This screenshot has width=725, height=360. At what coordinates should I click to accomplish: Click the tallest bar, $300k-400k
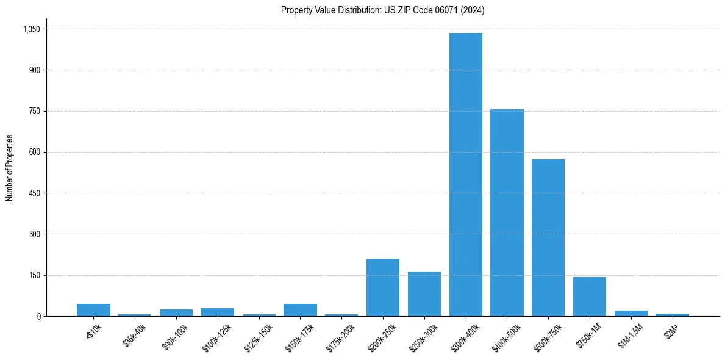[466, 175]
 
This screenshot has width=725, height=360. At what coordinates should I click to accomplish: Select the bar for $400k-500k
[507, 212]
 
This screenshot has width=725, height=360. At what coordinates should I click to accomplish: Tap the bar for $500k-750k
[548, 237]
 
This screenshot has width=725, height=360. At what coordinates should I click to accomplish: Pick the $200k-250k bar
[383, 287]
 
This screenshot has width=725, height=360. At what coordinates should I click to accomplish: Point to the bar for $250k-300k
[424, 293]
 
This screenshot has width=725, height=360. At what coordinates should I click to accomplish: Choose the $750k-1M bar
[590, 297]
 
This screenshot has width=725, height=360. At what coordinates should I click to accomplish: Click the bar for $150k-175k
[300, 310]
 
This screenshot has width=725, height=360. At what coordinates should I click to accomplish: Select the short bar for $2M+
[672, 314]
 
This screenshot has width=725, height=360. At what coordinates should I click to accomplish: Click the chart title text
[383, 10]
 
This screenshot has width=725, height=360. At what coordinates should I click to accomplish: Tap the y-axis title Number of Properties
[10, 168]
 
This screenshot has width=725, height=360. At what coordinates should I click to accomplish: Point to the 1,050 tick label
[31, 29]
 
